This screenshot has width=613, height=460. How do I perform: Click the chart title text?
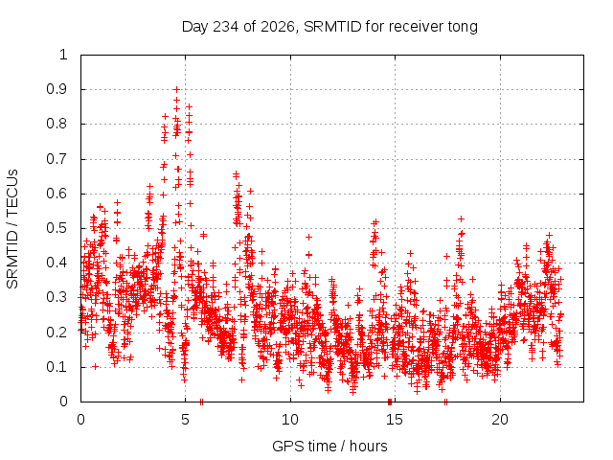(329, 27)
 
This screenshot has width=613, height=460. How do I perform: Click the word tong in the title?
(463, 28)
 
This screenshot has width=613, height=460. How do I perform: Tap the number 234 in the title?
(226, 27)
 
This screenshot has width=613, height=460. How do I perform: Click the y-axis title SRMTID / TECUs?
(12, 229)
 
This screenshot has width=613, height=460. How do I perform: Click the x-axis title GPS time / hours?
(329, 446)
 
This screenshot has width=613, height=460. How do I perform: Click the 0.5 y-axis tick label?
(57, 228)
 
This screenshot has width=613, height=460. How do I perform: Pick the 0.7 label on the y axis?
(57, 159)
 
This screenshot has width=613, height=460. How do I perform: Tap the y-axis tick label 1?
(64, 55)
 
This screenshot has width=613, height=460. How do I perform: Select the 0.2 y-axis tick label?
(57, 333)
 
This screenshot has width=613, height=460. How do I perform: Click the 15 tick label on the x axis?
(394, 420)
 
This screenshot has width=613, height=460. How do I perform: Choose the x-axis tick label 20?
(500, 420)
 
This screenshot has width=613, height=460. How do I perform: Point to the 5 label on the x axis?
(185, 420)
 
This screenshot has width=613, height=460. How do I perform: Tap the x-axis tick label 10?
(289, 420)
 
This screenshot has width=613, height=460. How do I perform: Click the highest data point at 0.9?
(176, 89)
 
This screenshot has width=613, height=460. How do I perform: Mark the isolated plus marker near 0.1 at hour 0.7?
(95, 366)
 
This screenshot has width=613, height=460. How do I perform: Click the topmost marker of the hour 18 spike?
(462, 218)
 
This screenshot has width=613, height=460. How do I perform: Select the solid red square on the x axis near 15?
(390, 402)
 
